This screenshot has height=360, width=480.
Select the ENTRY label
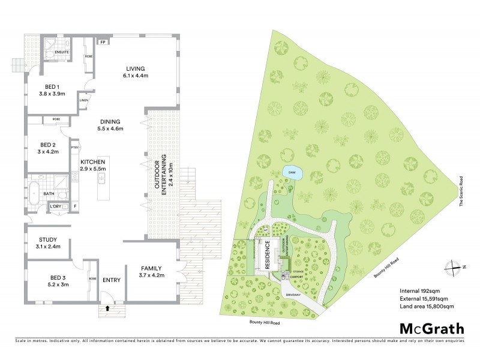point(112,280)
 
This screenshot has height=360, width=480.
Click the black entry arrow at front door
point(107,308)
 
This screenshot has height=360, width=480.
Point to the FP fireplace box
point(103,43)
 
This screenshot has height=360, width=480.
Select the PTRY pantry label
point(75,147)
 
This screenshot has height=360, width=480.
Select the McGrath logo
point(432,328)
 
